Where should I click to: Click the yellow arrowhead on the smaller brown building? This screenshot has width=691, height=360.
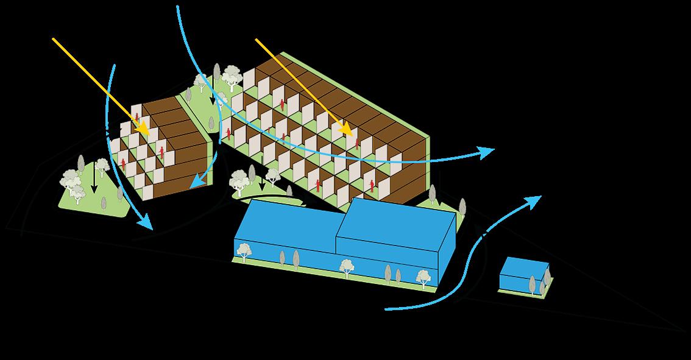(x=144, y=129)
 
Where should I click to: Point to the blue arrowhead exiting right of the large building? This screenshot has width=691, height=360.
(x=486, y=152)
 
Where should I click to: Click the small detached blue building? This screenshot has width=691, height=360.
(x=523, y=276)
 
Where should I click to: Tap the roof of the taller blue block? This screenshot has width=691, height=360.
(x=396, y=219)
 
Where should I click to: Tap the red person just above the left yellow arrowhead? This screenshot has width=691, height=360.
(x=137, y=117)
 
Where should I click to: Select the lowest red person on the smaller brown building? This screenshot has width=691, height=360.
(x=124, y=163)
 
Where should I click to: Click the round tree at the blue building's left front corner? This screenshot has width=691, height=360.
(x=244, y=249)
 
